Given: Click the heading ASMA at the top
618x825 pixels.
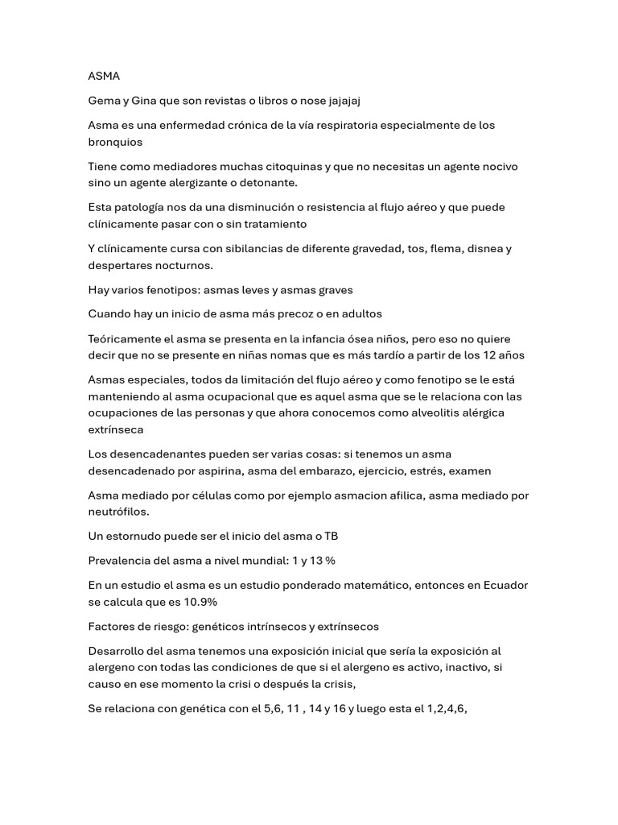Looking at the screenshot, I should click(104, 76).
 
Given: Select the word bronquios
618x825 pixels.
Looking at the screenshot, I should click(115, 142).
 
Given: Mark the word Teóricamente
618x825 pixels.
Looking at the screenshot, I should click(128, 339).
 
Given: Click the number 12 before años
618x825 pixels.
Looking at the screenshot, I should click(487, 355).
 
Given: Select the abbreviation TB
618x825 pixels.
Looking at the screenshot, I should click(332, 536).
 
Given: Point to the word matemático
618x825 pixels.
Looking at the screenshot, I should click(370, 585).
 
